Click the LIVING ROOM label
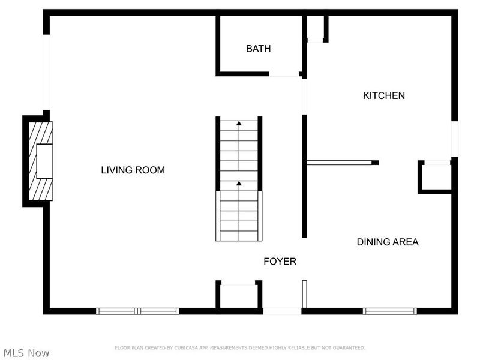[133, 170]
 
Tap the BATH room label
[258, 49]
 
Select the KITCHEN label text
[384, 95]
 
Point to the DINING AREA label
[388, 242]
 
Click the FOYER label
[280, 262]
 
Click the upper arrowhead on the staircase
[239, 124]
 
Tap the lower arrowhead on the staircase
[239, 184]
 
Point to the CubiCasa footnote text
[239, 347]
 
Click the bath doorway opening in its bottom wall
[284, 74]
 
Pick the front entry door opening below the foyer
[282, 311]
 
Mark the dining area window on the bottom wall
[390, 311]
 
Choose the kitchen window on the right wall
[454, 138]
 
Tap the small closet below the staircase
[239, 296]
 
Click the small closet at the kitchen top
[316, 28]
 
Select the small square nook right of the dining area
[435, 176]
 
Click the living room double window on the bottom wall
[138, 311]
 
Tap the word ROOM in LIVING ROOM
[149, 170]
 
